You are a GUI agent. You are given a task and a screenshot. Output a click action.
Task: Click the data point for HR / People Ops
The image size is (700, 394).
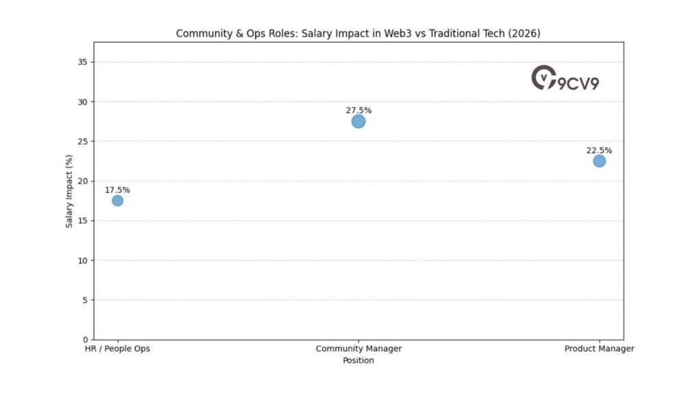tap(118, 200)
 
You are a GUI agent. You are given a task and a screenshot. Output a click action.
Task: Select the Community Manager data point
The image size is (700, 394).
tap(358, 121)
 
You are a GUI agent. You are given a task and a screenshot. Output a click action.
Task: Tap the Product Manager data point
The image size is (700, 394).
tap(600, 161)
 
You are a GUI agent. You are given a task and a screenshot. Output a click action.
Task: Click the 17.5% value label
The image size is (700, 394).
tap(118, 190)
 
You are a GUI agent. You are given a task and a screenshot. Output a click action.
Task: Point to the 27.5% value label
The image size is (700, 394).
tap(359, 110)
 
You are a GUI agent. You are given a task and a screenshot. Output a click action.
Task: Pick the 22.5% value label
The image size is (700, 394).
tap(600, 150)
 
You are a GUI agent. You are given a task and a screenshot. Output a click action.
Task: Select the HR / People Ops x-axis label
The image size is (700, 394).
tap(117, 349)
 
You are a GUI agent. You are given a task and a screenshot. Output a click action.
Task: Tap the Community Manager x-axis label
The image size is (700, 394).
tap(358, 349)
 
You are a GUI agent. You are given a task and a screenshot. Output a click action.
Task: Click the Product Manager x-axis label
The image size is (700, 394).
tap(600, 349)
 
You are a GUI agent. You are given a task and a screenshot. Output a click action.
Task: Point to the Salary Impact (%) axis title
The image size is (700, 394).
tap(69, 201)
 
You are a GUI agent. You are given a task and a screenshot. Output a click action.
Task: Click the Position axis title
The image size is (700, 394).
tap(358, 360)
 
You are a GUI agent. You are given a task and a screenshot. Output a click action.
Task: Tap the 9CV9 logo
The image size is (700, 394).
tap(565, 79)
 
